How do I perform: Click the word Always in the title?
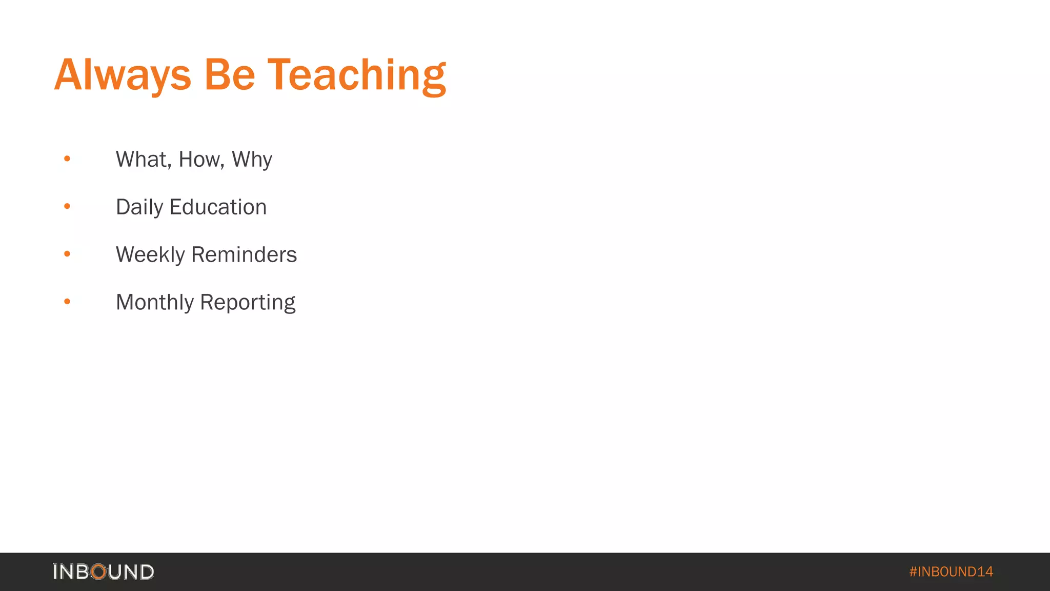point(123,75)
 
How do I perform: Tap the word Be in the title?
point(229,75)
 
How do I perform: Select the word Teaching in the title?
point(357,75)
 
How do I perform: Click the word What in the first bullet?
point(142,160)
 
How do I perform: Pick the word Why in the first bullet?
point(252,160)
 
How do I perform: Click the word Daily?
point(139,207)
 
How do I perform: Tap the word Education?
point(218,207)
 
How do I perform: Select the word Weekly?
point(150,255)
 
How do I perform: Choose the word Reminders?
point(244,255)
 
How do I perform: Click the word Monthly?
point(155,302)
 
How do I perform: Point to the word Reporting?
point(248,302)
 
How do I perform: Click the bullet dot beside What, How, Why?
point(67,159)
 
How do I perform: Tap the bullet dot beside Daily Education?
point(67,207)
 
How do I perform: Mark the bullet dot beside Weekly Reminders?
point(67,254)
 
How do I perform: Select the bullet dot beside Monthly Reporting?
point(67,302)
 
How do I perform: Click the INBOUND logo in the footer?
point(103,572)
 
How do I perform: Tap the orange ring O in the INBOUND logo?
point(98,572)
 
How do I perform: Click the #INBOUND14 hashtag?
point(951,572)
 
